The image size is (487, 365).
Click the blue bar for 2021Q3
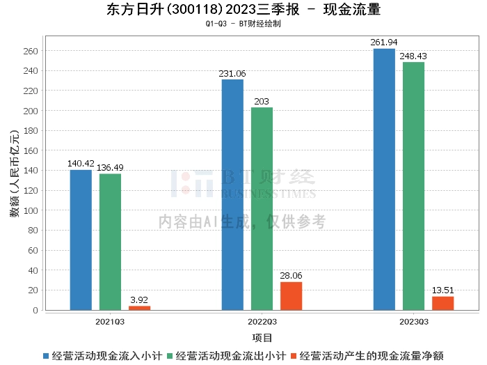pyautogui.click(x=81, y=240)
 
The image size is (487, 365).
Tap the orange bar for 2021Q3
pyautogui.click(x=139, y=308)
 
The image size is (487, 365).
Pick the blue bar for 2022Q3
pyautogui.click(x=232, y=194)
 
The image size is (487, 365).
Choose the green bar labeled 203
pyautogui.click(x=262, y=208)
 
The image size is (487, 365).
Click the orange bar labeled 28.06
pyautogui.click(x=291, y=296)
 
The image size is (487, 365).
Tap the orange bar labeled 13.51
pyautogui.click(x=442, y=303)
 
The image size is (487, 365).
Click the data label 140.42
pyautogui.click(x=81, y=164)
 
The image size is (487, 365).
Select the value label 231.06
pyautogui.click(x=232, y=73)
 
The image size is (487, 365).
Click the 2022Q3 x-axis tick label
pyautogui.click(x=262, y=321)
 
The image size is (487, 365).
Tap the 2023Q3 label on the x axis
pyautogui.click(x=414, y=321)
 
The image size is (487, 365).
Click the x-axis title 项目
pyautogui.click(x=262, y=338)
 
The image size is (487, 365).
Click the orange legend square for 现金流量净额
pyautogui.click(x=294, y=355)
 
